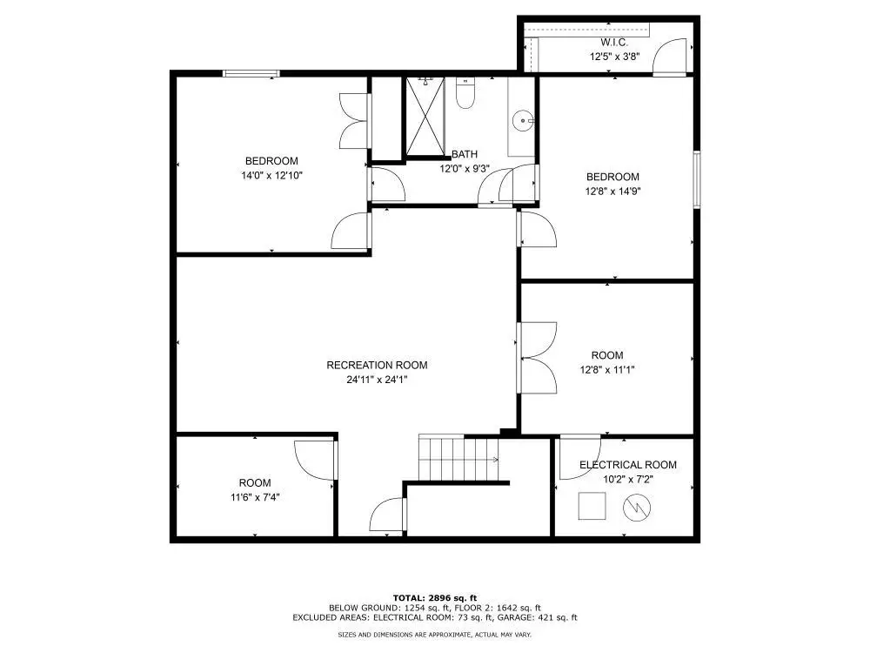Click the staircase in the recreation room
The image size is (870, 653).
pyautogui.click(x=458, y=458)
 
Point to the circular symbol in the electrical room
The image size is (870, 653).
pyautogui.click(x=635, y=507)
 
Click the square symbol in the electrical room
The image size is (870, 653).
pyautogui.click(x=593, y=506)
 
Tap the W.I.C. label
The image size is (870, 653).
pyautogui.click(x=613, y=43)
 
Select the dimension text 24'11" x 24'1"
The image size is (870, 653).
pyautogui.click(x=377, y=380)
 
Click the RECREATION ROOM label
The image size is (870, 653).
pyautogui.click(x=377, y=365)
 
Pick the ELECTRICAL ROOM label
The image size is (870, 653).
pyautogui.click(x=627, y=465)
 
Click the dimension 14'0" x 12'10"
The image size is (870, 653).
pyautogui.click(x=272, y=175)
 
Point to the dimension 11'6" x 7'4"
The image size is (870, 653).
pyautogui.click(x=254, y=497)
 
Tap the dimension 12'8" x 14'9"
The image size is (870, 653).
pyautogui.click(x=612, y=191)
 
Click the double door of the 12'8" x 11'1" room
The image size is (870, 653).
pyautogui.click(x=537, y=357)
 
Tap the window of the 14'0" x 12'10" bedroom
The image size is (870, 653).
pyautogui.click(x=251, y=73)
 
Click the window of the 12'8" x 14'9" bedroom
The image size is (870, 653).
pyautogui.click(x=696, y=179)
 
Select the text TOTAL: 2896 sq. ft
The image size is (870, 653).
pyautogui.click(x=434, y=597)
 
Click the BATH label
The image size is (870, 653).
pyautogui.click(x=464, y=154)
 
